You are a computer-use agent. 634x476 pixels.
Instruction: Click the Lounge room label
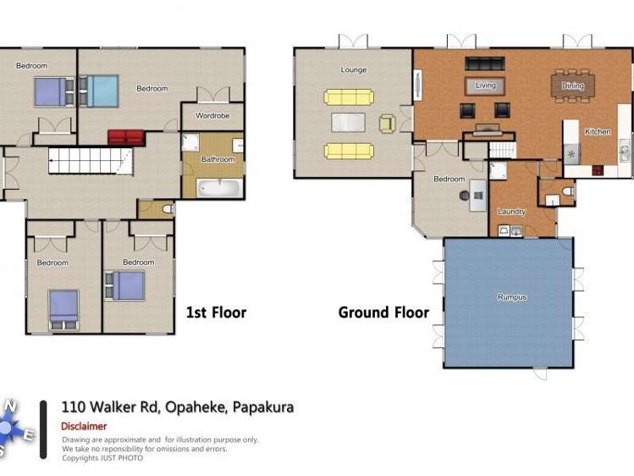(353, 69)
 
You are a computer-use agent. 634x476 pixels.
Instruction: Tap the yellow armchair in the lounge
(387, 124)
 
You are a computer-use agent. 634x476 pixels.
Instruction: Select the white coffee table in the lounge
(348, 123)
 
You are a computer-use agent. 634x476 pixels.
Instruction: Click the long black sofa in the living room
(484, 64)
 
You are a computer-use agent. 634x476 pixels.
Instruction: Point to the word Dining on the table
(573, 86)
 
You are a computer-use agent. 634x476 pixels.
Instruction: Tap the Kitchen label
(597, 131)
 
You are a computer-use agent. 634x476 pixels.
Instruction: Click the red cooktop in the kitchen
(598, 169)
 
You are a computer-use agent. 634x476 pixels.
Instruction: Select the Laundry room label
(511, 212)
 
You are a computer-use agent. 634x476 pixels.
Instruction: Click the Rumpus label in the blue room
(511, 297)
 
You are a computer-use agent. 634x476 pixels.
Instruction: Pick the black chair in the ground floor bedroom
(465, 195)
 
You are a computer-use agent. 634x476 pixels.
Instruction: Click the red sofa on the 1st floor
(125, 137)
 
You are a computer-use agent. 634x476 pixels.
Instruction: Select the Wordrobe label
(212, 115)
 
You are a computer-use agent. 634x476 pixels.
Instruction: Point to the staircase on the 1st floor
(88, 161)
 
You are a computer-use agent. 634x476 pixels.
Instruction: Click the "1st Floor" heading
(216, 313)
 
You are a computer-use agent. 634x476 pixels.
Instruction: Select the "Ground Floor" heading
(383, 313)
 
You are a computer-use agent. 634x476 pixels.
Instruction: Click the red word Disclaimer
(84, 426)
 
